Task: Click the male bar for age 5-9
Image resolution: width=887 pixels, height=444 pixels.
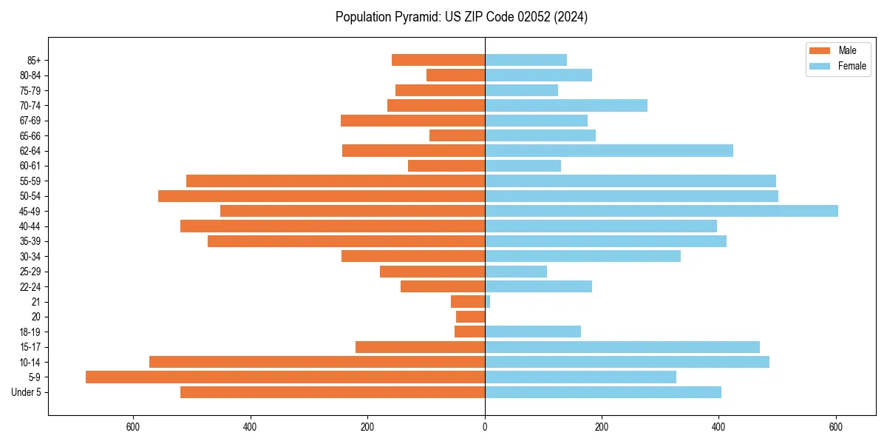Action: click(x=285, y=377)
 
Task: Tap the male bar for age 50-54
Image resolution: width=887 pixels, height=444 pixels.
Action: click(x=322, y=196)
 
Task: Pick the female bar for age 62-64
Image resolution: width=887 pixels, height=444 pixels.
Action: click(x=609, y=151)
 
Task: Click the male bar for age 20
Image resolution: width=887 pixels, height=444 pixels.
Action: click(x=470, y=317)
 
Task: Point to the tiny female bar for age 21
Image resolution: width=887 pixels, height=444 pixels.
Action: click(x=488, y=301)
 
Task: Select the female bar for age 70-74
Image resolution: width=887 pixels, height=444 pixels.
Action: click(x=566, y=106)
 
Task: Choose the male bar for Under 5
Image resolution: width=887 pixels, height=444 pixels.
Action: click(x=333, y=392)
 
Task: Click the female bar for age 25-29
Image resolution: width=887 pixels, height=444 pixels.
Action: click(x=516, y=272)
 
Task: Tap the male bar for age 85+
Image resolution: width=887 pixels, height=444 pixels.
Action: click(x=438, y=60)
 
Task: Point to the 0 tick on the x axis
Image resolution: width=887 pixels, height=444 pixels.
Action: click(x=485, y=427)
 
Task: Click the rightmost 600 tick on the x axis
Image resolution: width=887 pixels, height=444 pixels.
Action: click(x=836, y=427)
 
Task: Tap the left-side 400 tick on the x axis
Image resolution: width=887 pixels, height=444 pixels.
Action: click(x=251, y=427)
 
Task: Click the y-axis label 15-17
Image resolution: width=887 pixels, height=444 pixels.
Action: click(x=30, y=347)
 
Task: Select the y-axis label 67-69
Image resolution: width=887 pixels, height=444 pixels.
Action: click(x=30, y=121)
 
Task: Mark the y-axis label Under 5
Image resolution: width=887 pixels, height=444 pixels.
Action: click(x=26, y=392)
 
